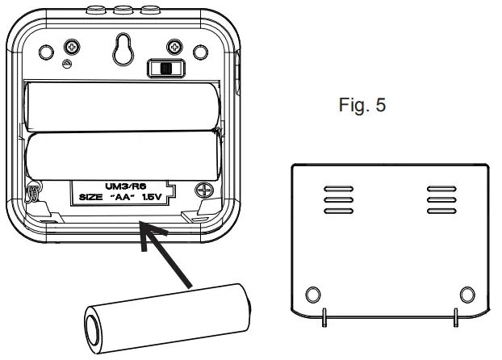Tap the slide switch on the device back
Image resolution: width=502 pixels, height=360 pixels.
pyautogui.click(x=165, y=69)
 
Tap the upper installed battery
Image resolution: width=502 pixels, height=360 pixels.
pyautogui.click(x=121, y=107)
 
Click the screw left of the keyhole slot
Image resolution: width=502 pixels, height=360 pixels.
pyautogui.click(x=72, y=47)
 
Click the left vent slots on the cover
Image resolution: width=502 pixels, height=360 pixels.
pyautogui.click(x=333, y=200)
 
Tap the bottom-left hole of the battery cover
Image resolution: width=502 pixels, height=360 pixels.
pyautogui.click(x=314, y=292)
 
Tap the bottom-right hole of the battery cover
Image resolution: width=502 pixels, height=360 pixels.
pyautogui.click(x=466, y=292)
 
